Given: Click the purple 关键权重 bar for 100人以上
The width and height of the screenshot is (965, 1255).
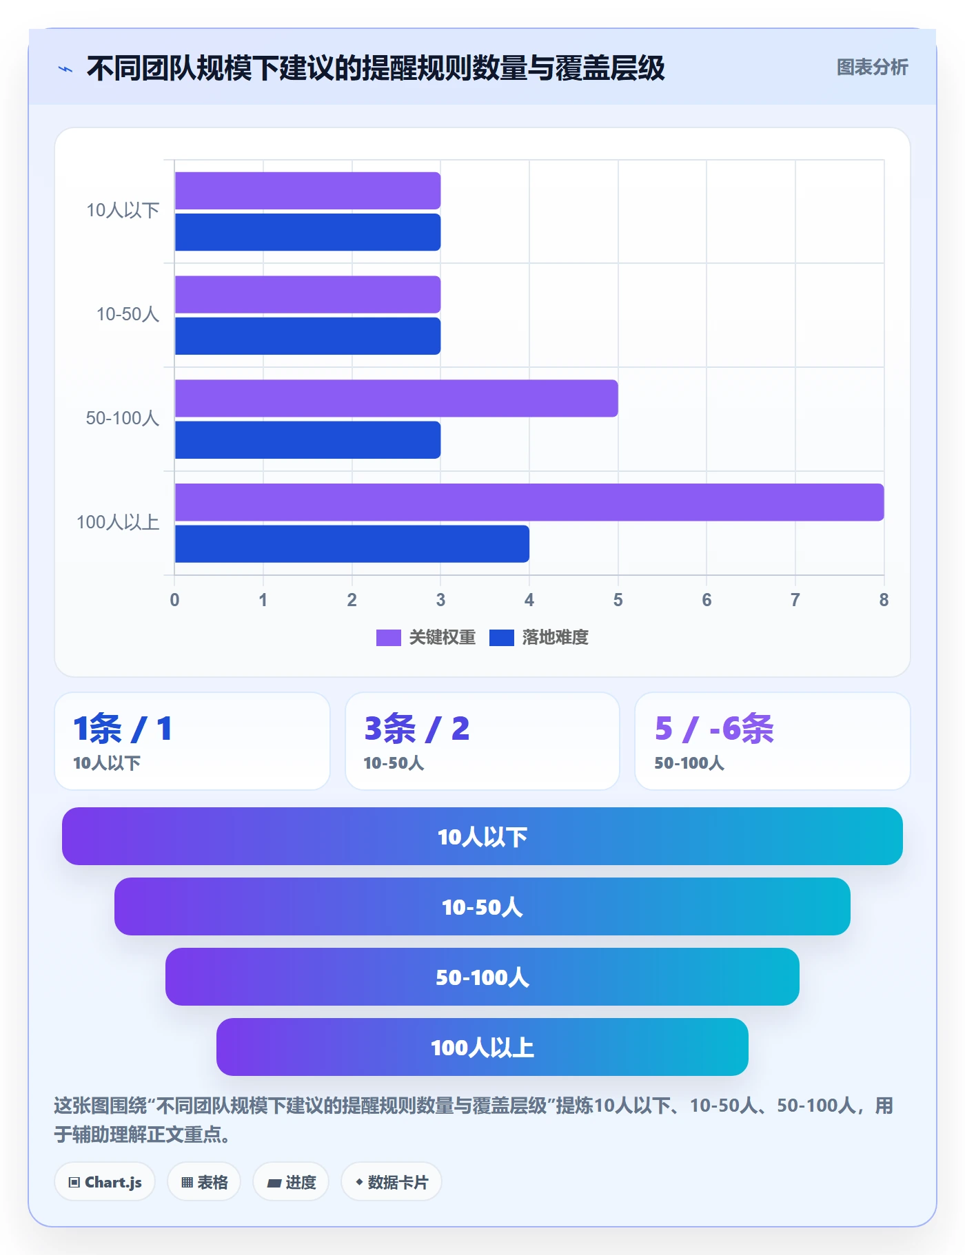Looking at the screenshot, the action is click(x=529, y=502).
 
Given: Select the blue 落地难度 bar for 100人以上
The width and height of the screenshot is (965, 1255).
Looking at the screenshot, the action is click(x=352, y=543).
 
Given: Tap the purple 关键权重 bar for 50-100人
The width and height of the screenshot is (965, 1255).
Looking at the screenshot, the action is click(x=396, y=398).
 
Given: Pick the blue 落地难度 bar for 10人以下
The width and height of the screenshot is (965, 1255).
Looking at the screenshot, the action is click(x=307, y=232).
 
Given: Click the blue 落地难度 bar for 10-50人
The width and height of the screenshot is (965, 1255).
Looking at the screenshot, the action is click(x=307, y=336).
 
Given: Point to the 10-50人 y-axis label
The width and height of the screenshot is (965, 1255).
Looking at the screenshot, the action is click(x=128, y=314).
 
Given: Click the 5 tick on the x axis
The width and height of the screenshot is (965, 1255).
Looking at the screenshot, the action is click(x=618, y=600).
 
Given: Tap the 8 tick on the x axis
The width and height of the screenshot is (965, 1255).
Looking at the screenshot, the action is click(x=884, y=600).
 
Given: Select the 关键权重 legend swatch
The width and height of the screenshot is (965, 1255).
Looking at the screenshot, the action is click(x=388, y=638).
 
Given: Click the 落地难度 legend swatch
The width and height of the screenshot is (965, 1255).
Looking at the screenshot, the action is click(x=501, y=638).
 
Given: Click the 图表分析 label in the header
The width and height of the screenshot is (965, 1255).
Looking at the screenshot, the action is click(x=872, y=67).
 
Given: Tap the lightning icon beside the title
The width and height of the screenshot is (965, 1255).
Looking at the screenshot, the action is click(x=65, y=69).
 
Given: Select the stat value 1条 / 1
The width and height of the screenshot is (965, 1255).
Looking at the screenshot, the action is click(x=123, y=729).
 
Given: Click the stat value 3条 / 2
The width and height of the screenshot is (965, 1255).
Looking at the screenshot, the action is click(x=417, y=729).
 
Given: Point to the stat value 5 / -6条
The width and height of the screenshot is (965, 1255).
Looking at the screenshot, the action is click(x=714, y=729).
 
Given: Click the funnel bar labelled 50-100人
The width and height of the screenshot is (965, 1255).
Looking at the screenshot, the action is click(x=482, y=977).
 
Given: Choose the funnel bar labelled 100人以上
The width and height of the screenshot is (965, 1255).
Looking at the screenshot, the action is click(x=482, y=1047).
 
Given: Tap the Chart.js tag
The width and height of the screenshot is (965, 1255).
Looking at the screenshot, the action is click(x=105, y=1182).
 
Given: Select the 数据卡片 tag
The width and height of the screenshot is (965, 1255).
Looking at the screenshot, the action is click(x=392, y=1182).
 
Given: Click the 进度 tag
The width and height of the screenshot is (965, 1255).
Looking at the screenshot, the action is click(x=291, y=1182).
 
